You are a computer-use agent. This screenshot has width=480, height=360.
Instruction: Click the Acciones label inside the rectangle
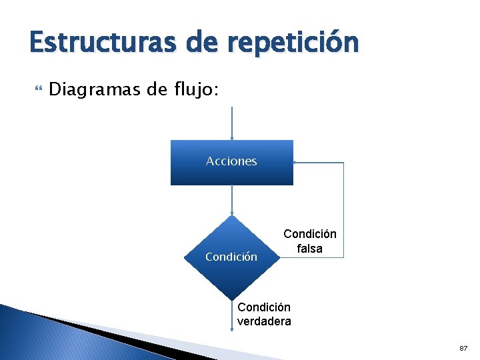click(231, 161)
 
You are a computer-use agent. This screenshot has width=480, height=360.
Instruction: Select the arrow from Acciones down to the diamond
click(231, 200)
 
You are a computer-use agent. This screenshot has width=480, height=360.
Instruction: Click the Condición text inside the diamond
click(231, 257)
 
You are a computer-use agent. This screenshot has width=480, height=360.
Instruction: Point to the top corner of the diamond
click(231, 217)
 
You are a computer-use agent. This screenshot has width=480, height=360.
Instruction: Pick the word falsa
click(310, 249)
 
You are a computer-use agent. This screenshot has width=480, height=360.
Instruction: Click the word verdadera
click(264, 321)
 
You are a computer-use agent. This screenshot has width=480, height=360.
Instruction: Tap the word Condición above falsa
click(310, 234)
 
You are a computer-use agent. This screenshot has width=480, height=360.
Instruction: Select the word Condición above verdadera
click(264, 307)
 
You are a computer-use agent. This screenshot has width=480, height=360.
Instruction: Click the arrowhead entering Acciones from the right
click(296, 162)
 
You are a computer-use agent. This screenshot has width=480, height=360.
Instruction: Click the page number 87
click(463, 349)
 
